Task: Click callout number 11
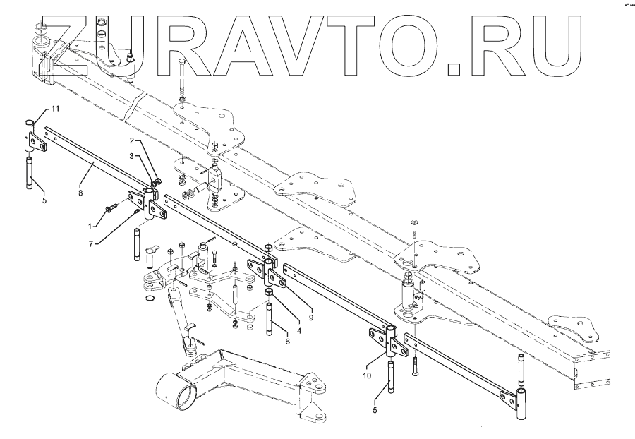tap(56, 109)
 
